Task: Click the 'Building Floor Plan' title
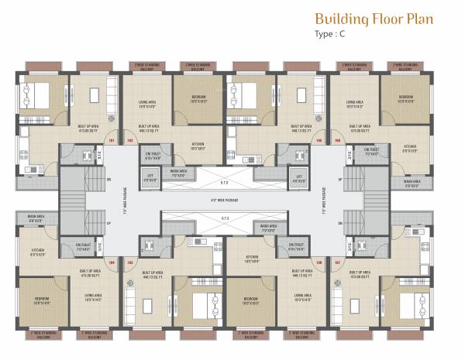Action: pyautogui.click(x=374, y=19)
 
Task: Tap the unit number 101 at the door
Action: pyautogui.click(x=112, y=140)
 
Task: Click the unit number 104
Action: pyautogui.click(x=112, y=262)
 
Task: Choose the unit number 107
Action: pyautogui.click(x=336, y=262)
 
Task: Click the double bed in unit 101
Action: pyautogui.click(x=34, y=96)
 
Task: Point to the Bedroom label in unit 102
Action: pyautogui.click(x=198, y=99)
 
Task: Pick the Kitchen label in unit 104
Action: pyautogui.click(x=37, y=251)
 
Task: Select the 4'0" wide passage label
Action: pyautogui.click(x=225, y=200)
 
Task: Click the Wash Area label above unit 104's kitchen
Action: pyautogui.click(x=35, y=218)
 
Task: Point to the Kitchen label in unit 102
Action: pyautogui.click(x=198, y=144)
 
